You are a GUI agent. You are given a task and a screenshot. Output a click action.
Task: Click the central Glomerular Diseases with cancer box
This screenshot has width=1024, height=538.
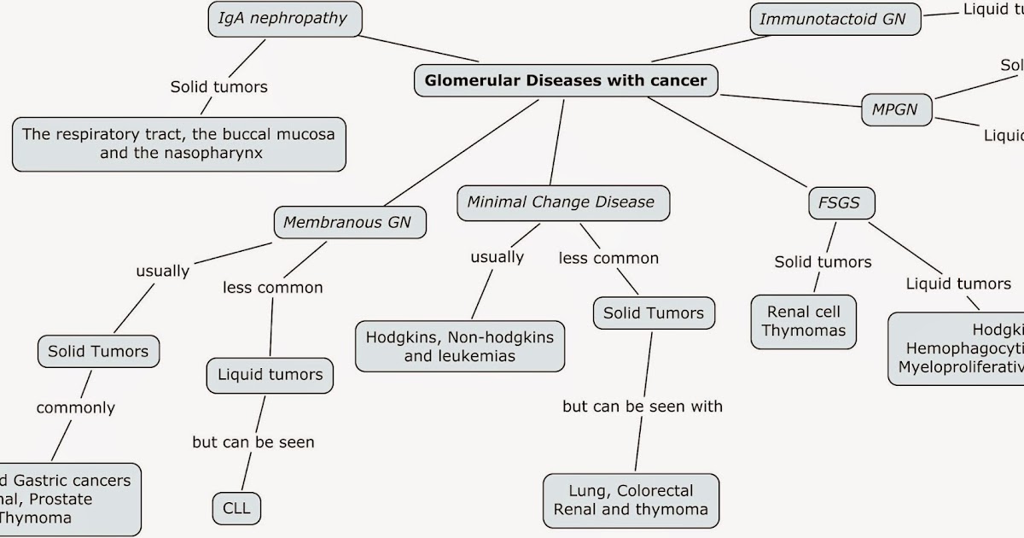pos(566,81)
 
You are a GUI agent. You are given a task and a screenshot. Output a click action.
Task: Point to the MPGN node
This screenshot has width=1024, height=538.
pos(894,109)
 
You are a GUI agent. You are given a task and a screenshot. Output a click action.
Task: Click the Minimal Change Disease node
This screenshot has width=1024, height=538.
pos(561,203)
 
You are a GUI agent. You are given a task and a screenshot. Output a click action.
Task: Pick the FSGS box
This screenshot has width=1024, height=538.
pos(841,204)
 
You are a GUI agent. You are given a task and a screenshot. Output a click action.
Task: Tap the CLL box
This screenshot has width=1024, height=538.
pos(236,509)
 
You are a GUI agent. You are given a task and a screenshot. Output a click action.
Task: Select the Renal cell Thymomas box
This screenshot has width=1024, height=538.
pos(803,322)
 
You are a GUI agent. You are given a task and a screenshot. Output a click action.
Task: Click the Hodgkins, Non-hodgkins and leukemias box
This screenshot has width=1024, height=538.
pos(460,346)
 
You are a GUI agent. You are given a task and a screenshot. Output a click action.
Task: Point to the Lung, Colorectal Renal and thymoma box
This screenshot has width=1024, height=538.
pos(631,500)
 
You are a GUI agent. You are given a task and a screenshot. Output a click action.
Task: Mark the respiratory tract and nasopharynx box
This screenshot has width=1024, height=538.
pos(179,144)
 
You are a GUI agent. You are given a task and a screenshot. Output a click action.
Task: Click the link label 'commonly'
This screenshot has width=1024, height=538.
pos(75,407)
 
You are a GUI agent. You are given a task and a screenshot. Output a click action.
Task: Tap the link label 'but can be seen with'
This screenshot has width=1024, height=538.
pos(643,406)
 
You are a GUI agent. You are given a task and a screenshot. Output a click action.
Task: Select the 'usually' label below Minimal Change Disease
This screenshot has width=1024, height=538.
pos(497,256)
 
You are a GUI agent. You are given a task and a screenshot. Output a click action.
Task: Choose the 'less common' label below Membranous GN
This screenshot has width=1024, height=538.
pos(273,288)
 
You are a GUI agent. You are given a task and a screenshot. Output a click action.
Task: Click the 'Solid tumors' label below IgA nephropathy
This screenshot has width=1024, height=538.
pos(219,86)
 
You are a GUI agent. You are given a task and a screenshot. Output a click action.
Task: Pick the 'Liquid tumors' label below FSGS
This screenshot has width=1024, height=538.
pos(958,284)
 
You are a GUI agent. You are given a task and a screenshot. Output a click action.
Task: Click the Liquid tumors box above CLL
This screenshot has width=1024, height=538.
pos(270,375)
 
